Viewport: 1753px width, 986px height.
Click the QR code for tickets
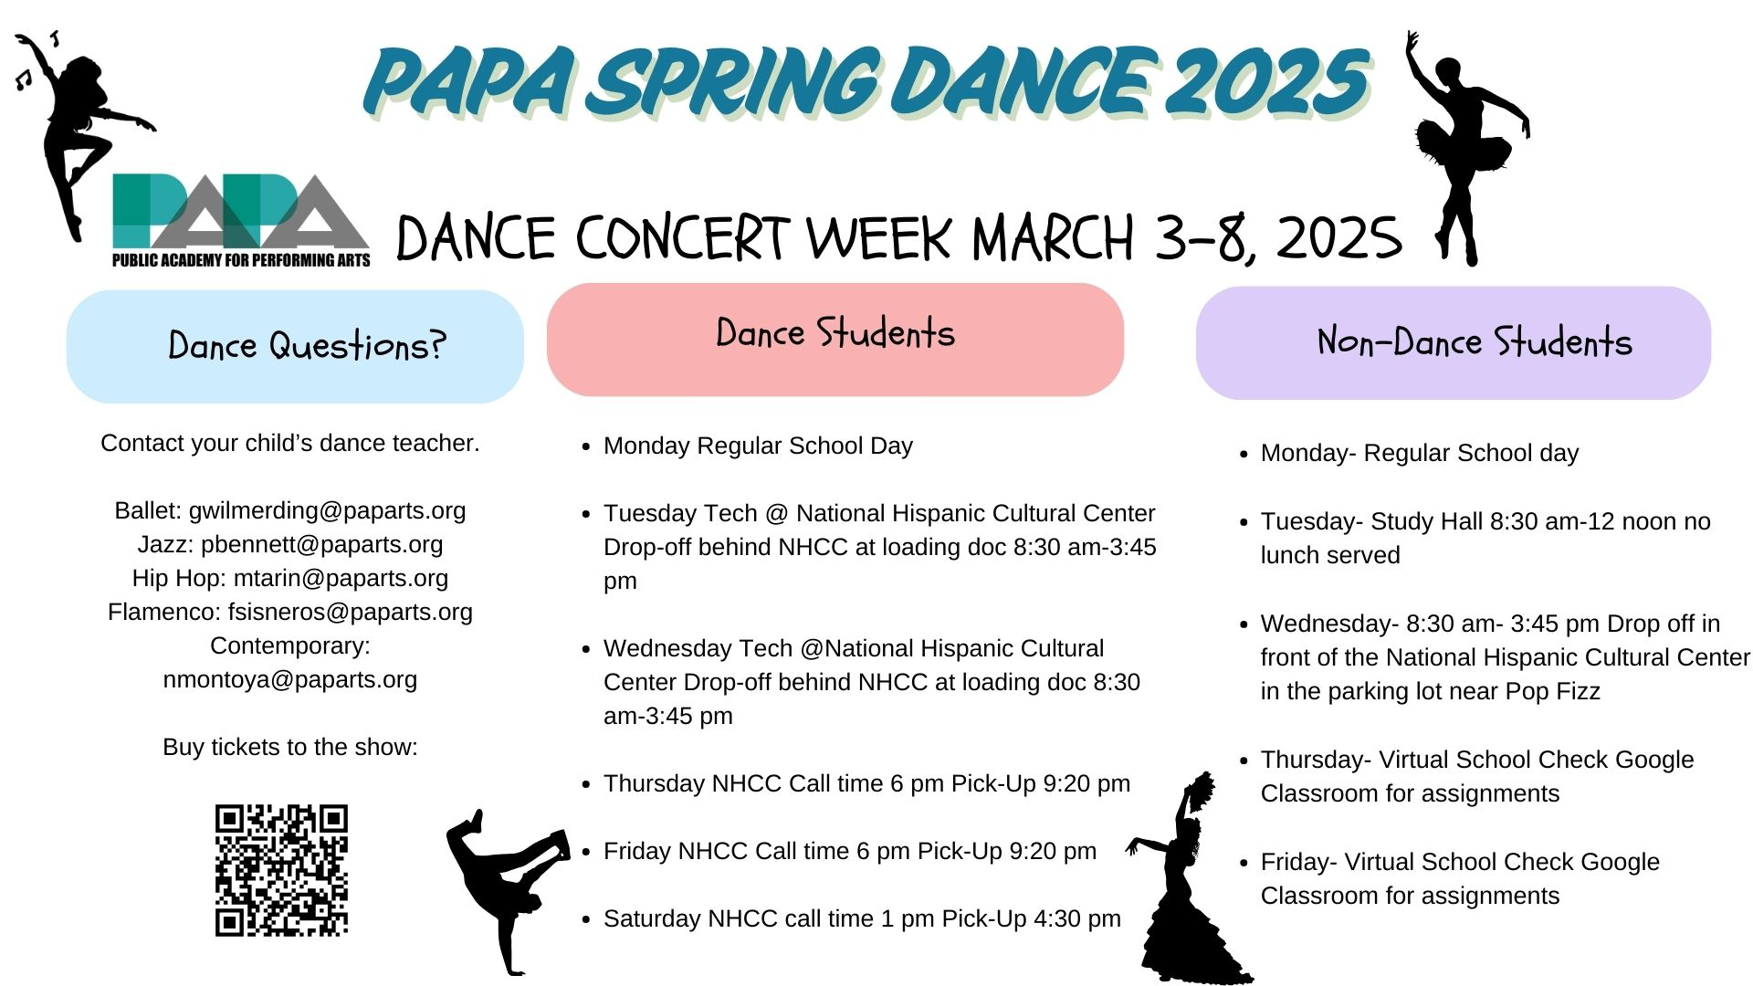click(x=281, y=870)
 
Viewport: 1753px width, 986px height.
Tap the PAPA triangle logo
click(x=241, y=220)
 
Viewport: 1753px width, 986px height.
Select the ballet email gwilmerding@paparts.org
click(x=327, y=510)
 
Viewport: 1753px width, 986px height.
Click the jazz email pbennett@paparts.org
click(x=321, y=544)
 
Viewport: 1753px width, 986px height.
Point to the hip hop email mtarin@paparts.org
click(x=341, y=578)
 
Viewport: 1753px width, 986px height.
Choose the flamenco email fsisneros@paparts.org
click(x=351, y=612)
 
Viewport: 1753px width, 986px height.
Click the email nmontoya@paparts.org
click(x=290, y=679)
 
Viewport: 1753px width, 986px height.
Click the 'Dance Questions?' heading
click(x=308, y=346)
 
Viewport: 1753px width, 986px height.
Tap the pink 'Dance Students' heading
click(x=835, y=333)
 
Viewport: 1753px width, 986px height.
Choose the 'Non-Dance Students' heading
click(x=1474, y=342)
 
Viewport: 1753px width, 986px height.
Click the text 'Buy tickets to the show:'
click(x=290, y=747)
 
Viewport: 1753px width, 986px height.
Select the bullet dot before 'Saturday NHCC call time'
click(x=586, y=920)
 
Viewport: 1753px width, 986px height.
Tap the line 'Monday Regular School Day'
click(x=758, y=446)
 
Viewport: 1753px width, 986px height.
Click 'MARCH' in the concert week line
click(x=1053, y=238)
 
